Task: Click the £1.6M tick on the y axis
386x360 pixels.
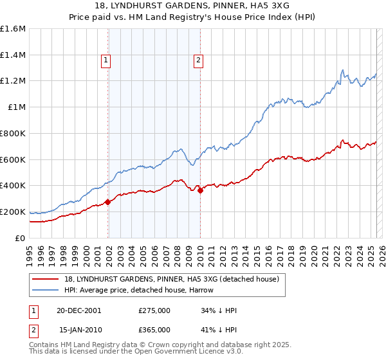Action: [13, 29]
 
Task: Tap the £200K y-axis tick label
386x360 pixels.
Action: [13, 212]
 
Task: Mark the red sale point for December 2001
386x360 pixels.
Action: [108, 202]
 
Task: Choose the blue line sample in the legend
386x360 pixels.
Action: [44, 290]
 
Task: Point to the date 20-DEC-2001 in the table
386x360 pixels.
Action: [79, 310]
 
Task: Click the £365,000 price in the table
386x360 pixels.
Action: [154, 330]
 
